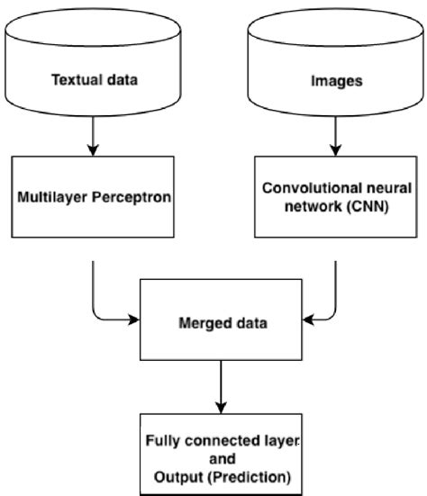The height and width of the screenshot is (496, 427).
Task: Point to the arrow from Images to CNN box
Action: (334, 135)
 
